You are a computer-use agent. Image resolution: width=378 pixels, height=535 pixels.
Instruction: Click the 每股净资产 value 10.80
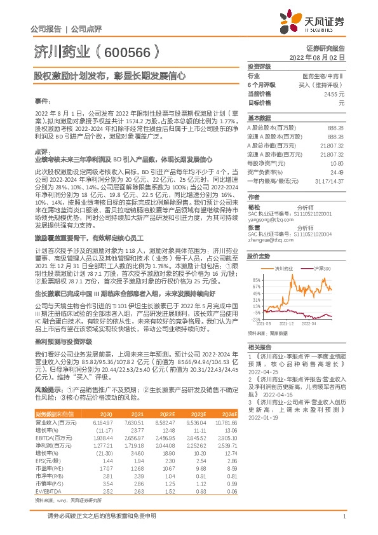[337, 163]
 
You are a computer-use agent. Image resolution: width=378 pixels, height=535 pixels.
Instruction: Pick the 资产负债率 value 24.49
[337, 172]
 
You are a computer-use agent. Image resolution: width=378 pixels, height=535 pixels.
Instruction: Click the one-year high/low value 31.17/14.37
[330, 181]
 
